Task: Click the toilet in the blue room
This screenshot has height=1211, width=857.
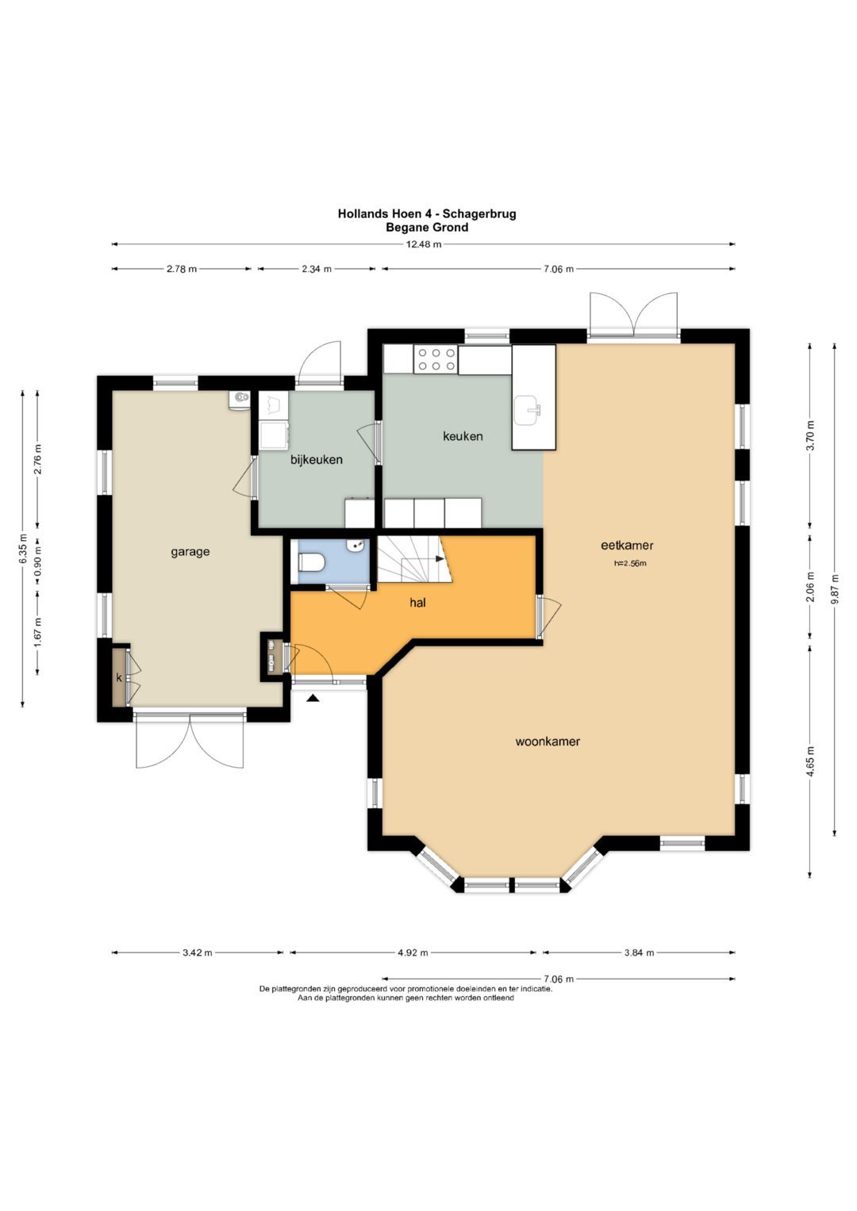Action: (x=310, y=562)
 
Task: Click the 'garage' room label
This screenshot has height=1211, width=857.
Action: (x=190, y=553)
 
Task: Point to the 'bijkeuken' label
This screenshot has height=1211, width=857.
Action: (x=317, y=459)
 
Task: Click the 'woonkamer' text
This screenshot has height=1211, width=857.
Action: (x=548, y=742)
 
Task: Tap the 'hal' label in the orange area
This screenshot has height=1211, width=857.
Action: (x=417, y=602)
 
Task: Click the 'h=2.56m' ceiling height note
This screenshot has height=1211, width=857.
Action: (x=630, y=563)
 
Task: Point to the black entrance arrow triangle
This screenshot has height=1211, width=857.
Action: (x=313, y=698)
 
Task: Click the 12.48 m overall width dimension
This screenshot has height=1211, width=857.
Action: (x=424, y=243)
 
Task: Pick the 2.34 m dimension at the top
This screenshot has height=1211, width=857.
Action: (x=317, y=269)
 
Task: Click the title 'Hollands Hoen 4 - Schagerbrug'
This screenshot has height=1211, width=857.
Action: (x=427, y=213)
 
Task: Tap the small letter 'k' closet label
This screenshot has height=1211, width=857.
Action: (x=119, y=676)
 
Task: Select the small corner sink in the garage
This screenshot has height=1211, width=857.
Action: (x=239, y=398)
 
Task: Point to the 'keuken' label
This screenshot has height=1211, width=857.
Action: (x=463, y=435)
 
